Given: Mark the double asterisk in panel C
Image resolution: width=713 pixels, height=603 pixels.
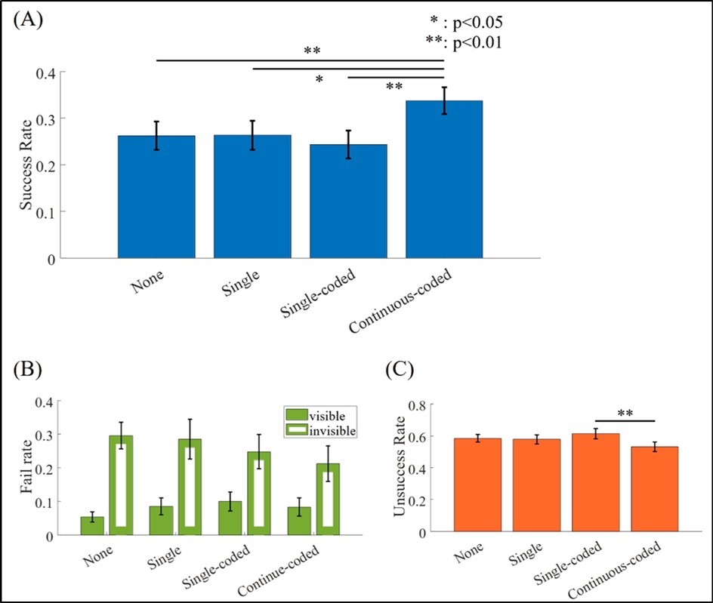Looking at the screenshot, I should [624, 414].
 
